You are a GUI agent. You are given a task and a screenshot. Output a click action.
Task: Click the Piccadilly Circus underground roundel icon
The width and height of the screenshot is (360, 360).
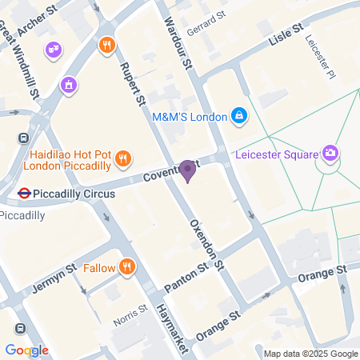click(x=25, y=193)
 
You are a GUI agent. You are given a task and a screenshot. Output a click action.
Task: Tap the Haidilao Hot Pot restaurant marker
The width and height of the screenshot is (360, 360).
click(x=122, y=158)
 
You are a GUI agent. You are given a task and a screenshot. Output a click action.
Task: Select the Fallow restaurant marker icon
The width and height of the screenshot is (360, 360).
click(x=126, y=267)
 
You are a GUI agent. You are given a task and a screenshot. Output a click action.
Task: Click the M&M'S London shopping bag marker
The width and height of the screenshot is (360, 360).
click(x=238, y=116)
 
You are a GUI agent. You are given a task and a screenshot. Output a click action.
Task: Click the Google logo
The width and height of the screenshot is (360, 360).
click(x=26, y=350)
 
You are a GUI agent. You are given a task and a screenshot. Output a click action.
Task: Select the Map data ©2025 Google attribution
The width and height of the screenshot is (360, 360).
click(x=310, y=354)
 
